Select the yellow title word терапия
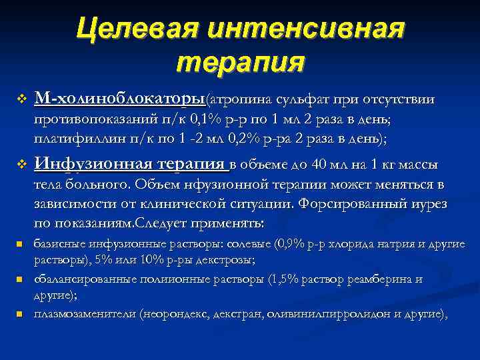coord(241,63)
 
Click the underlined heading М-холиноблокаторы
coord(120,99)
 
